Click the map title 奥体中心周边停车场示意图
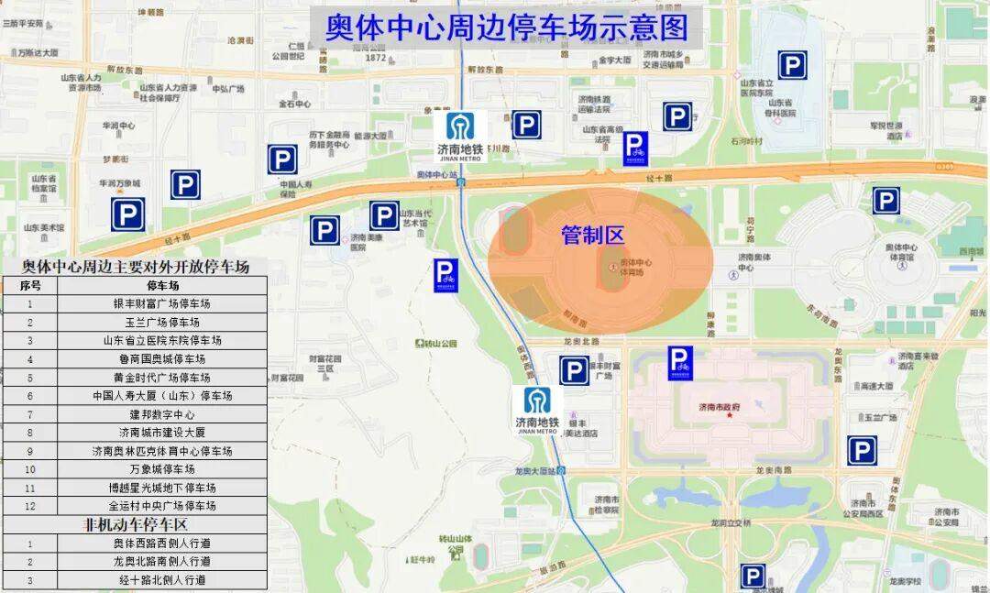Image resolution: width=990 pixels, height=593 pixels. click(507, 27)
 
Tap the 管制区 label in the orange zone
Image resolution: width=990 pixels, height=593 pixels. click(592, 236)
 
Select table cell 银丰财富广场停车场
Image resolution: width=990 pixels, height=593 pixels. click(162, 303)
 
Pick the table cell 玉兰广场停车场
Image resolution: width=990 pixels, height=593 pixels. click(162, 322)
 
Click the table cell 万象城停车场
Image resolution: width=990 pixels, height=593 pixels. click(162, 469)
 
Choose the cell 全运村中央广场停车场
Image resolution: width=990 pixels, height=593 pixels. click(162, 506)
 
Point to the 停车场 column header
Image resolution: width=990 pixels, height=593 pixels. click(162, 285)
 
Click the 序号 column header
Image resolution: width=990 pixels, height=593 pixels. click(30, 285)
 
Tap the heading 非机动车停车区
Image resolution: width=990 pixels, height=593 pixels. click(136, 524)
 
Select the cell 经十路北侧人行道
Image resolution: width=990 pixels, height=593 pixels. click(162, 579)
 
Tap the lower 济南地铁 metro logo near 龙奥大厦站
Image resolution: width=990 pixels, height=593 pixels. click(537, 410)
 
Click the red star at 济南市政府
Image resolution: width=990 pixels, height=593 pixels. click(730, 415)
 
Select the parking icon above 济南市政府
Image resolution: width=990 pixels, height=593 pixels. click(680, 362)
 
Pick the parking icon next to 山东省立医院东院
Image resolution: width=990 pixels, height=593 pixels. click(792, 65)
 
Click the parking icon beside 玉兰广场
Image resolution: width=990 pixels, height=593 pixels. click(861, 450)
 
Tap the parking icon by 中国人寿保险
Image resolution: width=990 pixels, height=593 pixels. click(282, 159)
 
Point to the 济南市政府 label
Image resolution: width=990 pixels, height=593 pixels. click(719, 406)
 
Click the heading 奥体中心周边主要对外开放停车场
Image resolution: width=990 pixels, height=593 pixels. click(136, 267)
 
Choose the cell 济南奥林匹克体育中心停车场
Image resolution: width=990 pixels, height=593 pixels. click(162, 451)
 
